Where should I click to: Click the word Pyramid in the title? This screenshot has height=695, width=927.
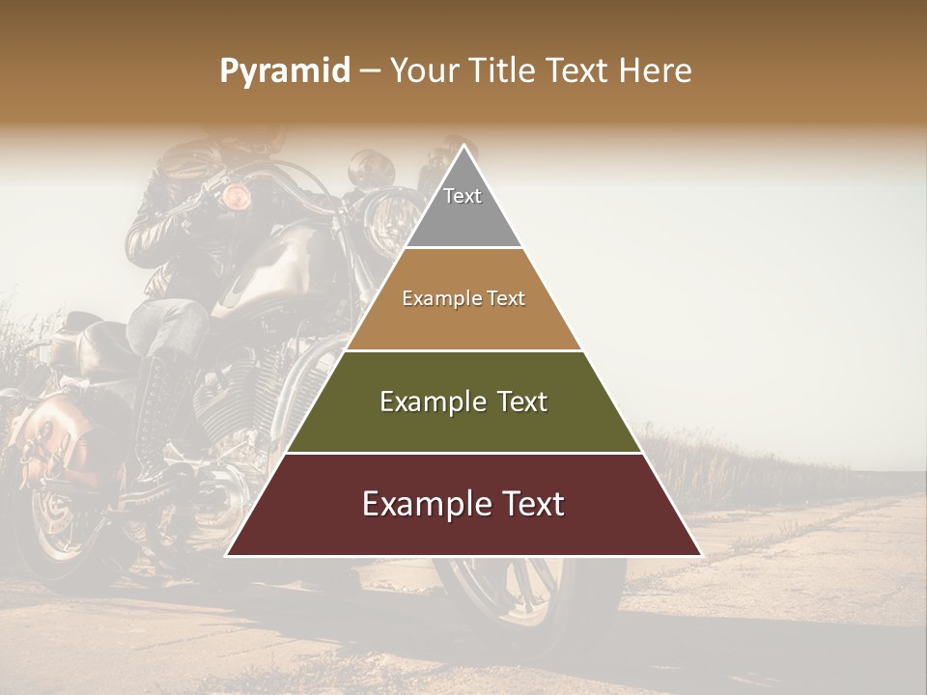coord(285,71)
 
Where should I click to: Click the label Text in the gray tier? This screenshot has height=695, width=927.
coord(463,196)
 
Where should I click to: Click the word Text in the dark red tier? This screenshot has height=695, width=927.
coord(531,504)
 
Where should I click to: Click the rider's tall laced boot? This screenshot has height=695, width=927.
coord(154,415)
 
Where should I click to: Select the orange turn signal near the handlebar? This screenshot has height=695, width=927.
coord(236,198)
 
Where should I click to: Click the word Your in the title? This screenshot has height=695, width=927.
coord(422,71)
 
